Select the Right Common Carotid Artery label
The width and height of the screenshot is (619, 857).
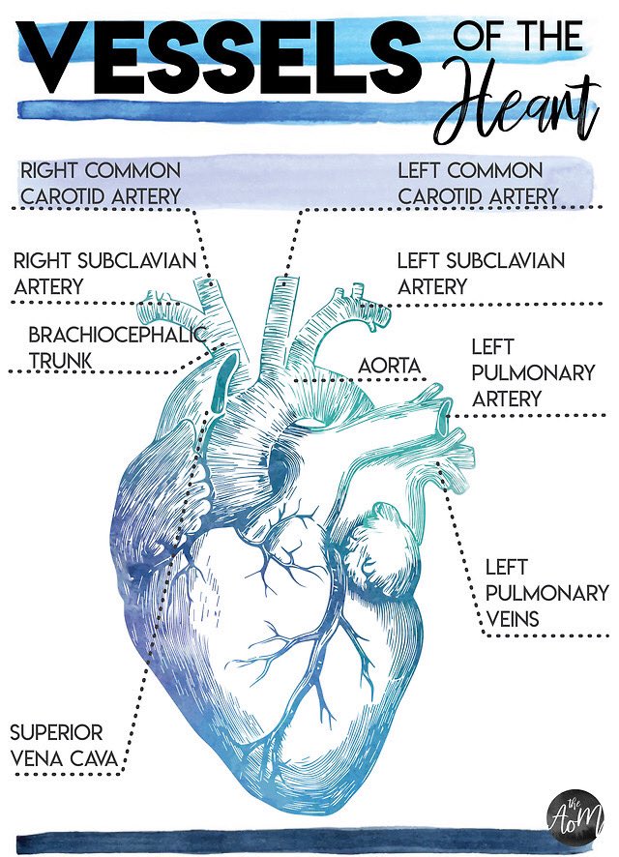(101, 184)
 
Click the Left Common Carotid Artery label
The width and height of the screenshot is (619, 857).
(478, 184)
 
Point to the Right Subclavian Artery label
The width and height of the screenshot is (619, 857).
(105, 274)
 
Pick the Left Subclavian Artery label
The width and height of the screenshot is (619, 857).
(481, 274)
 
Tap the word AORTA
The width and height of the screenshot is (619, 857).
(390, 367)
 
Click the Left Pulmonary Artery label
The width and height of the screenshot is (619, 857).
(507, 372)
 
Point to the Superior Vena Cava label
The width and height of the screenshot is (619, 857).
(64, 745)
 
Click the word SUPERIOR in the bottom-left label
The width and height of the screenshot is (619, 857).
(56, 732)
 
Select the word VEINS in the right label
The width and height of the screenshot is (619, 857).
(512, 617)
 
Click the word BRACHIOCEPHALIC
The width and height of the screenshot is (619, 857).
(117, 336)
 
